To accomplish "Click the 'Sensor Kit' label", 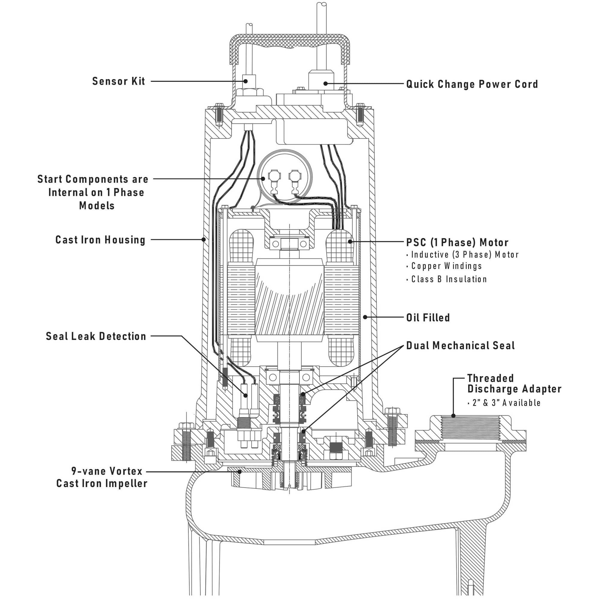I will click(118, 81).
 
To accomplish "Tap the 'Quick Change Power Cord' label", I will click(472, 84).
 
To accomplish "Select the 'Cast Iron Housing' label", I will click(100, 240).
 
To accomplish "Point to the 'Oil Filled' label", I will click(428, 317).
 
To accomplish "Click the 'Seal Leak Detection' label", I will click(96, 336).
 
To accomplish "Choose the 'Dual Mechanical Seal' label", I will click(460, 345).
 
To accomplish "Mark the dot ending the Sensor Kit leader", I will click(245, 81).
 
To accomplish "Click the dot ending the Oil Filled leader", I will click(365, 317).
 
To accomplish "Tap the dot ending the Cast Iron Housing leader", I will click(203, 239).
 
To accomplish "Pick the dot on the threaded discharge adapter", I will click(453, 416).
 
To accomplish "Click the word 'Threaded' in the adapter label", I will click(490, 378).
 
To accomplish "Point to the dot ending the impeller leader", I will click(239, 472).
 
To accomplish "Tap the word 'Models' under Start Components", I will click(97, 205).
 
